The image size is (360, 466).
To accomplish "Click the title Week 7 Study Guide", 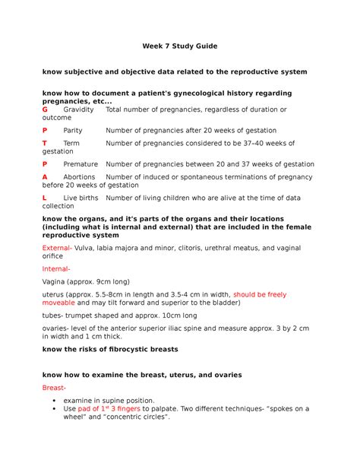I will (180, 46).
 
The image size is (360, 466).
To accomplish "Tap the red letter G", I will (45, 109).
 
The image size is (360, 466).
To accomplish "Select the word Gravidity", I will (79, 109).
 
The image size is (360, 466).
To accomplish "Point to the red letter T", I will (45, 143).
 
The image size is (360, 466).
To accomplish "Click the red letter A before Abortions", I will (45, 176).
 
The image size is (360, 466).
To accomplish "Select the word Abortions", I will (80, 176).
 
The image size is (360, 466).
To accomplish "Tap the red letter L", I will (45, 198).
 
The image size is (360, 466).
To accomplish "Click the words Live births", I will (81, 198).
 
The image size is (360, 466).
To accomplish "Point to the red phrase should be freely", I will (260, 293).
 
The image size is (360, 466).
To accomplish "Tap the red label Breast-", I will (55, 387).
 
